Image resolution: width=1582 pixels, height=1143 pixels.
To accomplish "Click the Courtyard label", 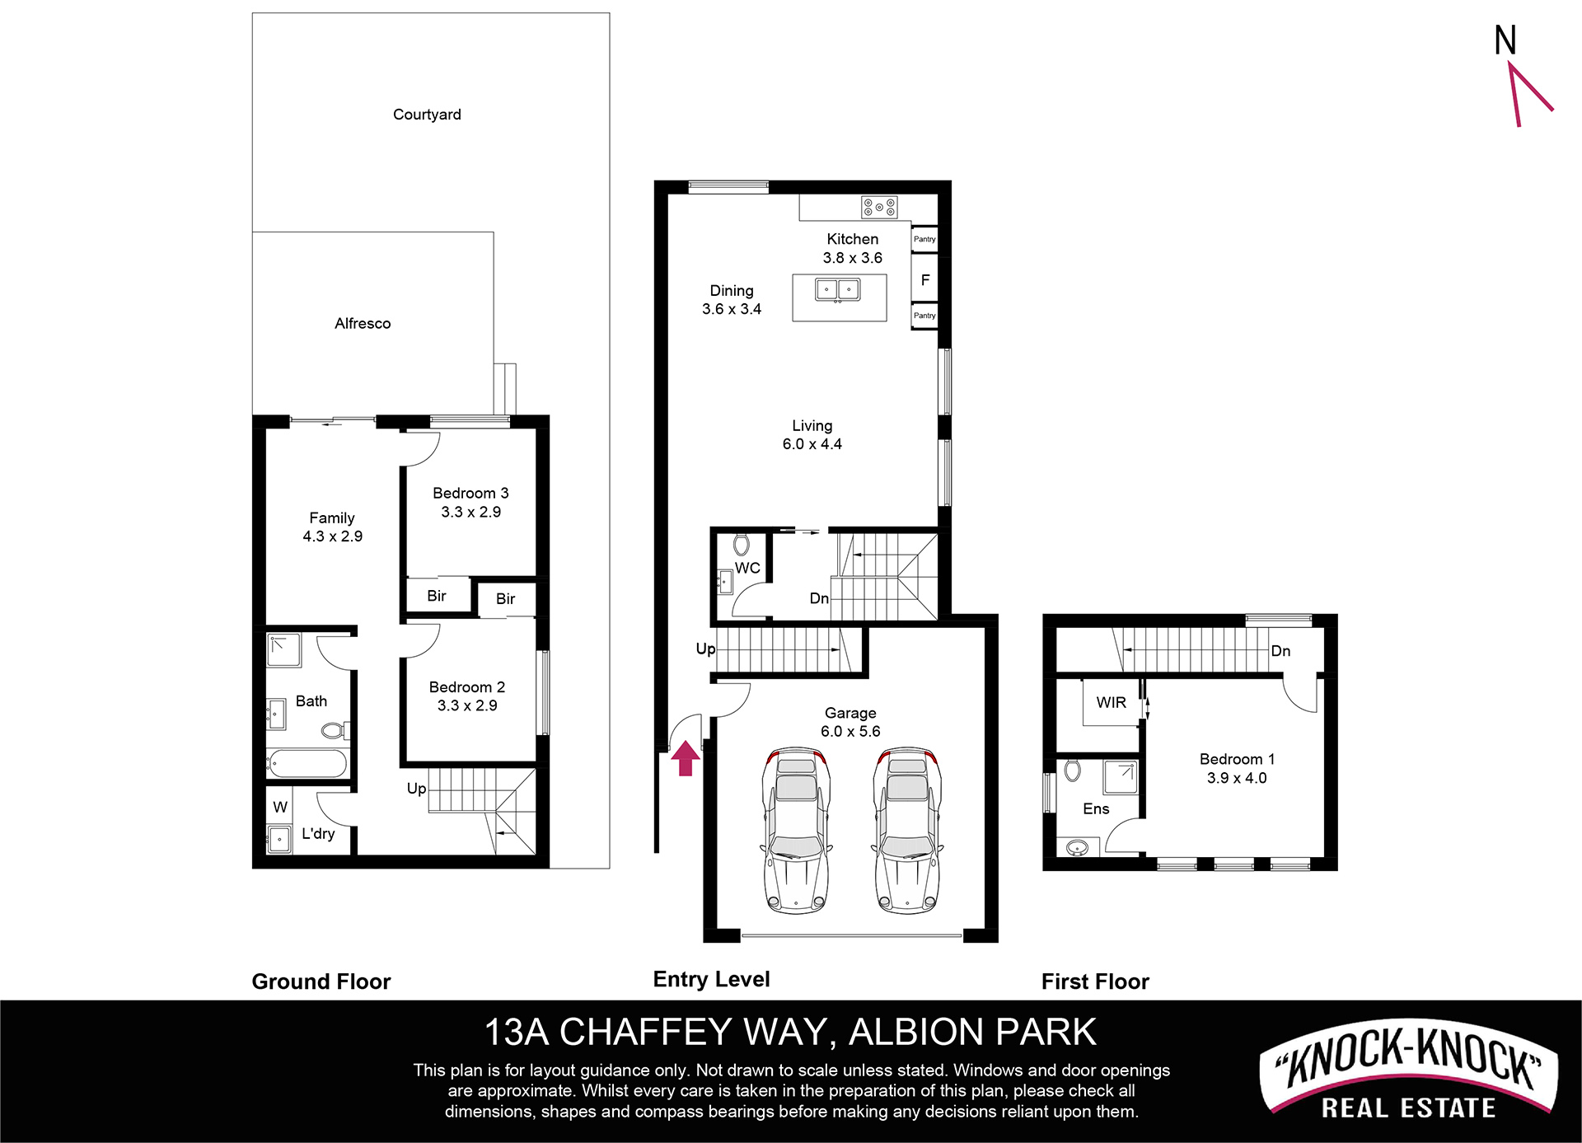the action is [x=427, y=115].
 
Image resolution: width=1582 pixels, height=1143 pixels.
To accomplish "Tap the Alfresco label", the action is [x=363, y=323].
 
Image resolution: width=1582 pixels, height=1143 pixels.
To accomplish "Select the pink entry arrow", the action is [x=686, y=758].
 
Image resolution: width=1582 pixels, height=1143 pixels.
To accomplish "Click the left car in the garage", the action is [x=796, y=831].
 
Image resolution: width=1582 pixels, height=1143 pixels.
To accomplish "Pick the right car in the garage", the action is [x=907, y=831].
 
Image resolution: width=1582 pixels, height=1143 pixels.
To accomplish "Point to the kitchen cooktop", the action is [x=879, y=208].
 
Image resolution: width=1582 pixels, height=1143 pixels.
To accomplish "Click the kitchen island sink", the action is [x=838, y=290].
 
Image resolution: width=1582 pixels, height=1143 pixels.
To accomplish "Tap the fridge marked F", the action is [x=924, y=280].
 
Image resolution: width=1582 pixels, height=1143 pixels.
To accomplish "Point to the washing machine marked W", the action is [x=280, y=807].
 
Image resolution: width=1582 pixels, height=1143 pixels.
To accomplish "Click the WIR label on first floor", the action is [x=1111, y=703].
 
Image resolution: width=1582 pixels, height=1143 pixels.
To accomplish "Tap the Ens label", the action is [x=1096, y=809].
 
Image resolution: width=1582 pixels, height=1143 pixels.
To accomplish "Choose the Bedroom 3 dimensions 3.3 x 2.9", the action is [x=470, y=512].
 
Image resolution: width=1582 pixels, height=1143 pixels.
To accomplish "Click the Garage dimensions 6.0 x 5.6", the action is [x=850, y=731].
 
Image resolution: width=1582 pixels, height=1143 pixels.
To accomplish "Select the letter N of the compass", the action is [x=1505, y=40].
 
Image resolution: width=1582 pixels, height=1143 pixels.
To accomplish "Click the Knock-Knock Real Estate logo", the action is [x=1408, y=1072].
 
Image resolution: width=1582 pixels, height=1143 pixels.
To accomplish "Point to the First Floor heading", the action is [x=1095, y=981].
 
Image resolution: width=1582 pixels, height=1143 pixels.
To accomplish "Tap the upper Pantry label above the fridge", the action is [x=924, y=239].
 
